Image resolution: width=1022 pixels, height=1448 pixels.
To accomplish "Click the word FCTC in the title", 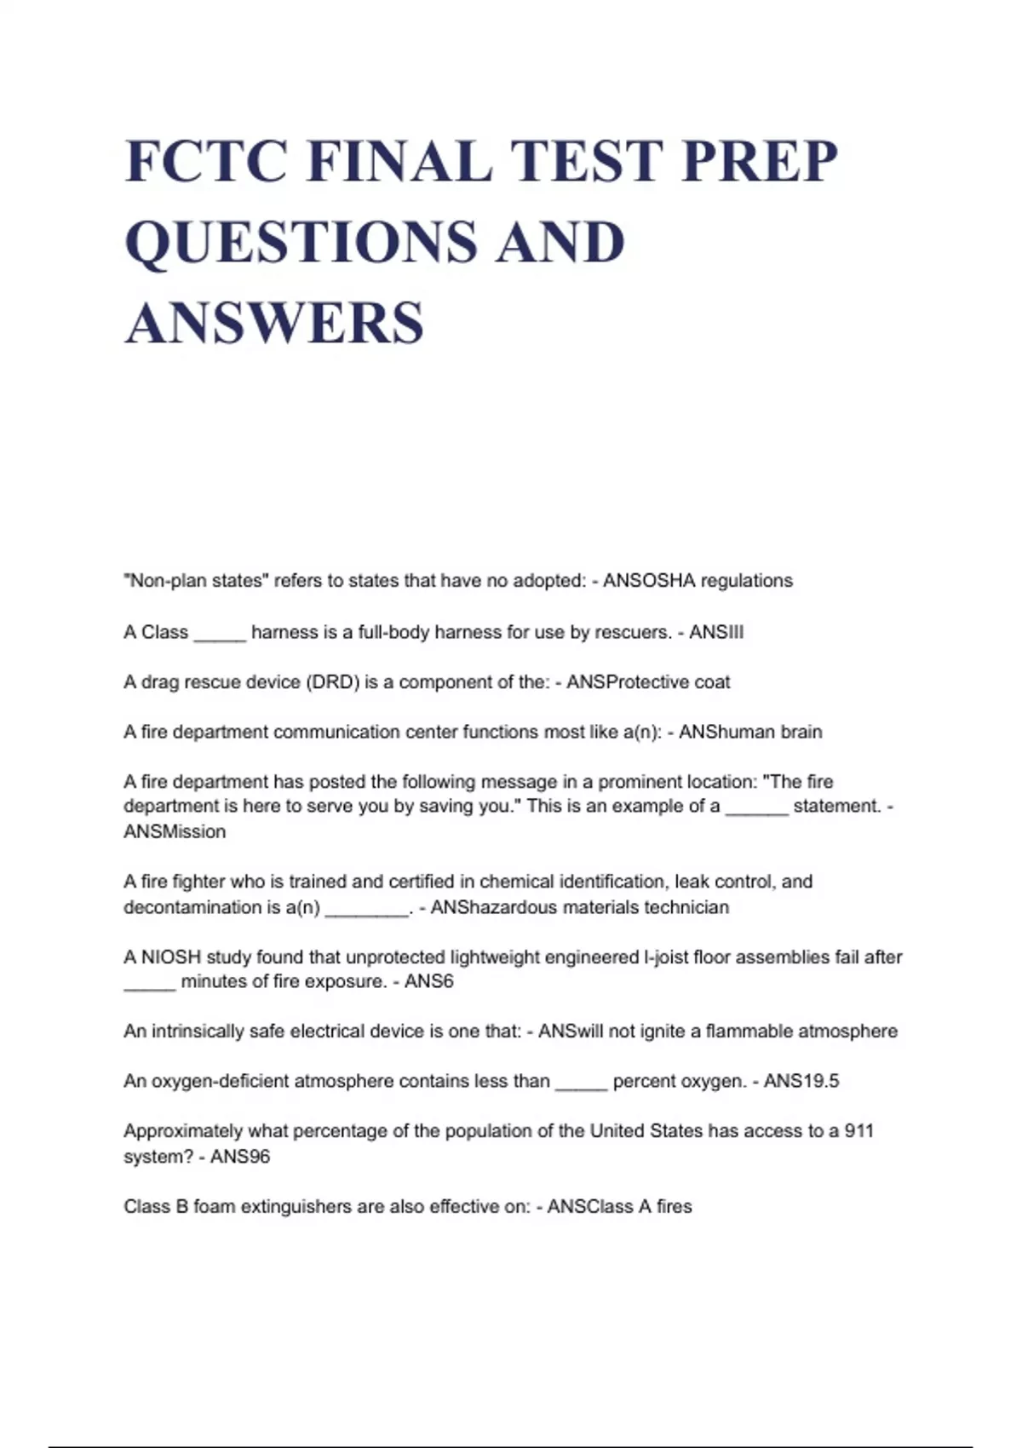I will click(204, 161).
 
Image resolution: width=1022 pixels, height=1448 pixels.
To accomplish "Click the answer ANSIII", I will click(716, 632).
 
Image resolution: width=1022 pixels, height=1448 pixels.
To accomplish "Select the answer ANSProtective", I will click(627, 682).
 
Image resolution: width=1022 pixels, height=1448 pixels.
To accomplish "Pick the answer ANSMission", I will click(175, 832).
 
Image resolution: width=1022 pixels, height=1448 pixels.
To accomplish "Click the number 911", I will click(858, 1131).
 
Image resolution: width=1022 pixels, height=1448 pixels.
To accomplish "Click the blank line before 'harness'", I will click(220, 635).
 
